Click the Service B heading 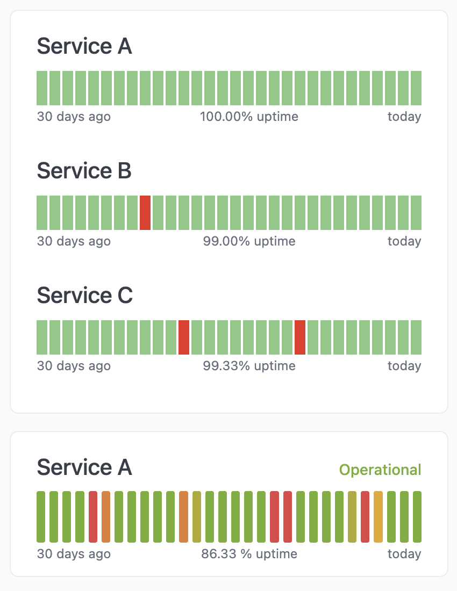pos(84,171)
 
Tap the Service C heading pos(84,295)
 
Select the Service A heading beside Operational pos(84,467)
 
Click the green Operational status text pos(380,470)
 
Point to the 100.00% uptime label pos(249,117)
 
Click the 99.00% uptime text pos(249,241)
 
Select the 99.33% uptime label pos(249,366)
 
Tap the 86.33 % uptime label pos(249,554)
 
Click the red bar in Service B pos(145,213)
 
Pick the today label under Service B pos(404,241)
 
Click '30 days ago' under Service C pos(74,366)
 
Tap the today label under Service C pos(404,366)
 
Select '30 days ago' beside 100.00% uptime pos(74,117)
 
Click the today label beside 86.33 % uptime pos(404,554)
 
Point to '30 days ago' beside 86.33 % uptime pos(74,554)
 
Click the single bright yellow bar pos(378,516)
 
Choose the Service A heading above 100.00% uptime pos(84,46)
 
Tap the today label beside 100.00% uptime pos(404,117)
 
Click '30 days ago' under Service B pos(74,241)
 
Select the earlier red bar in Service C pos(184,337)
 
